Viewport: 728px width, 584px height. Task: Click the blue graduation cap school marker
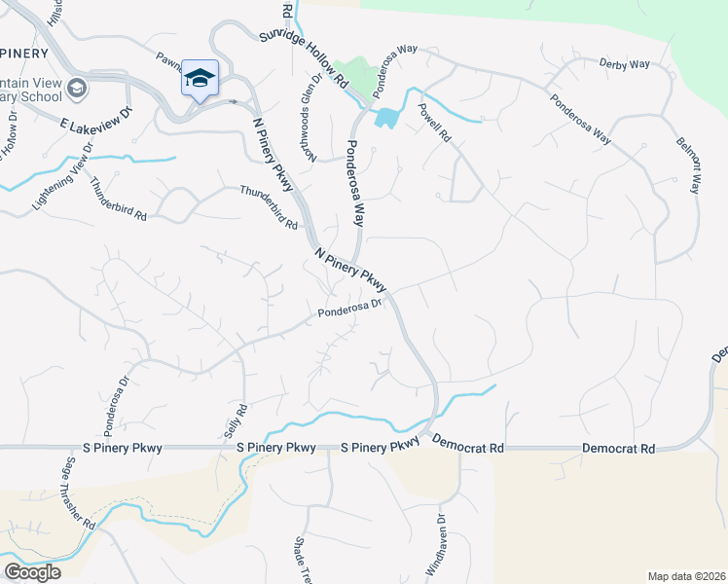(200, 78)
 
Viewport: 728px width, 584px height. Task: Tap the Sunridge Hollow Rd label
(304, 59)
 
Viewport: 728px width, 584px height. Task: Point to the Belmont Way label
(687, 164)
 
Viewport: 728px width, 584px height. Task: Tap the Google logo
(32, 572)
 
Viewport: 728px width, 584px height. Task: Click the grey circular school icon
(77, 91)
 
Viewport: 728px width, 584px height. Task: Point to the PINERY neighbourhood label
(25, 53)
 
